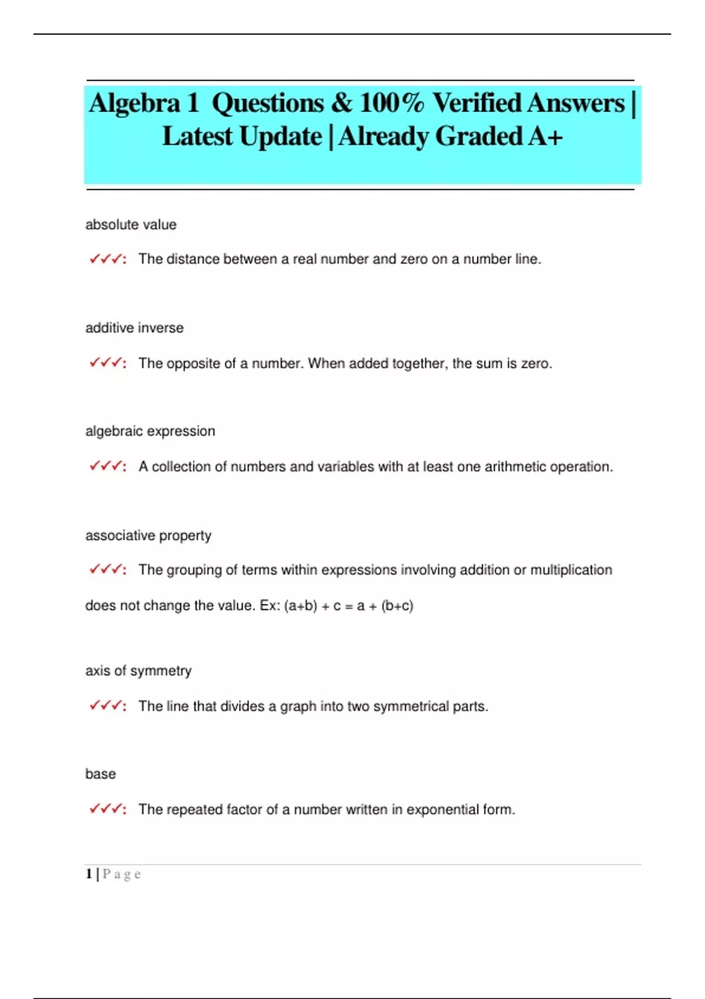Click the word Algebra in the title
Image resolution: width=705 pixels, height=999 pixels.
(x=135, y=103)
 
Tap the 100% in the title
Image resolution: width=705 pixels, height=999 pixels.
(x=391, y=103)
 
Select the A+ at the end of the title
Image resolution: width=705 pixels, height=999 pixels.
(x=545, y=137)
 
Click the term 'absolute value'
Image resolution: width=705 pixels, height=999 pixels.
(x=130, y=224)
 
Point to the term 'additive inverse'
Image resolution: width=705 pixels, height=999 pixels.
(x=134, y=328)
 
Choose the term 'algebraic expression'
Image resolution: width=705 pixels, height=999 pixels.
(x=150, y=431)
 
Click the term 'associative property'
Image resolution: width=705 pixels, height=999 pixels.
(x=148, y=535)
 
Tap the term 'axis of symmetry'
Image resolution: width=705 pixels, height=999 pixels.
(x=138, y=671)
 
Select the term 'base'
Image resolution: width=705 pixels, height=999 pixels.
(x=100, y=774)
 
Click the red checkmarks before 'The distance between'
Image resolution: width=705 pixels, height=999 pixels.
(x=106, y=259)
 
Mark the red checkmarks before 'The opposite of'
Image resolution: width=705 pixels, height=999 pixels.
(x=106, y=363)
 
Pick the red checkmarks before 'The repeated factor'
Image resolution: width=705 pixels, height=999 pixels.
(x=106, y=809)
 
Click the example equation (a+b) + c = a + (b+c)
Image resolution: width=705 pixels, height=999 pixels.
(x=348, y=606)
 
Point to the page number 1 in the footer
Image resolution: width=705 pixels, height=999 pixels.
(x=89, y=874)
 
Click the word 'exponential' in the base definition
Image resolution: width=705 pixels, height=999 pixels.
(x=442, y=810)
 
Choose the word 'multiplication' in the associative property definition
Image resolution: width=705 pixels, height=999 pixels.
(x=571, y=570)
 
